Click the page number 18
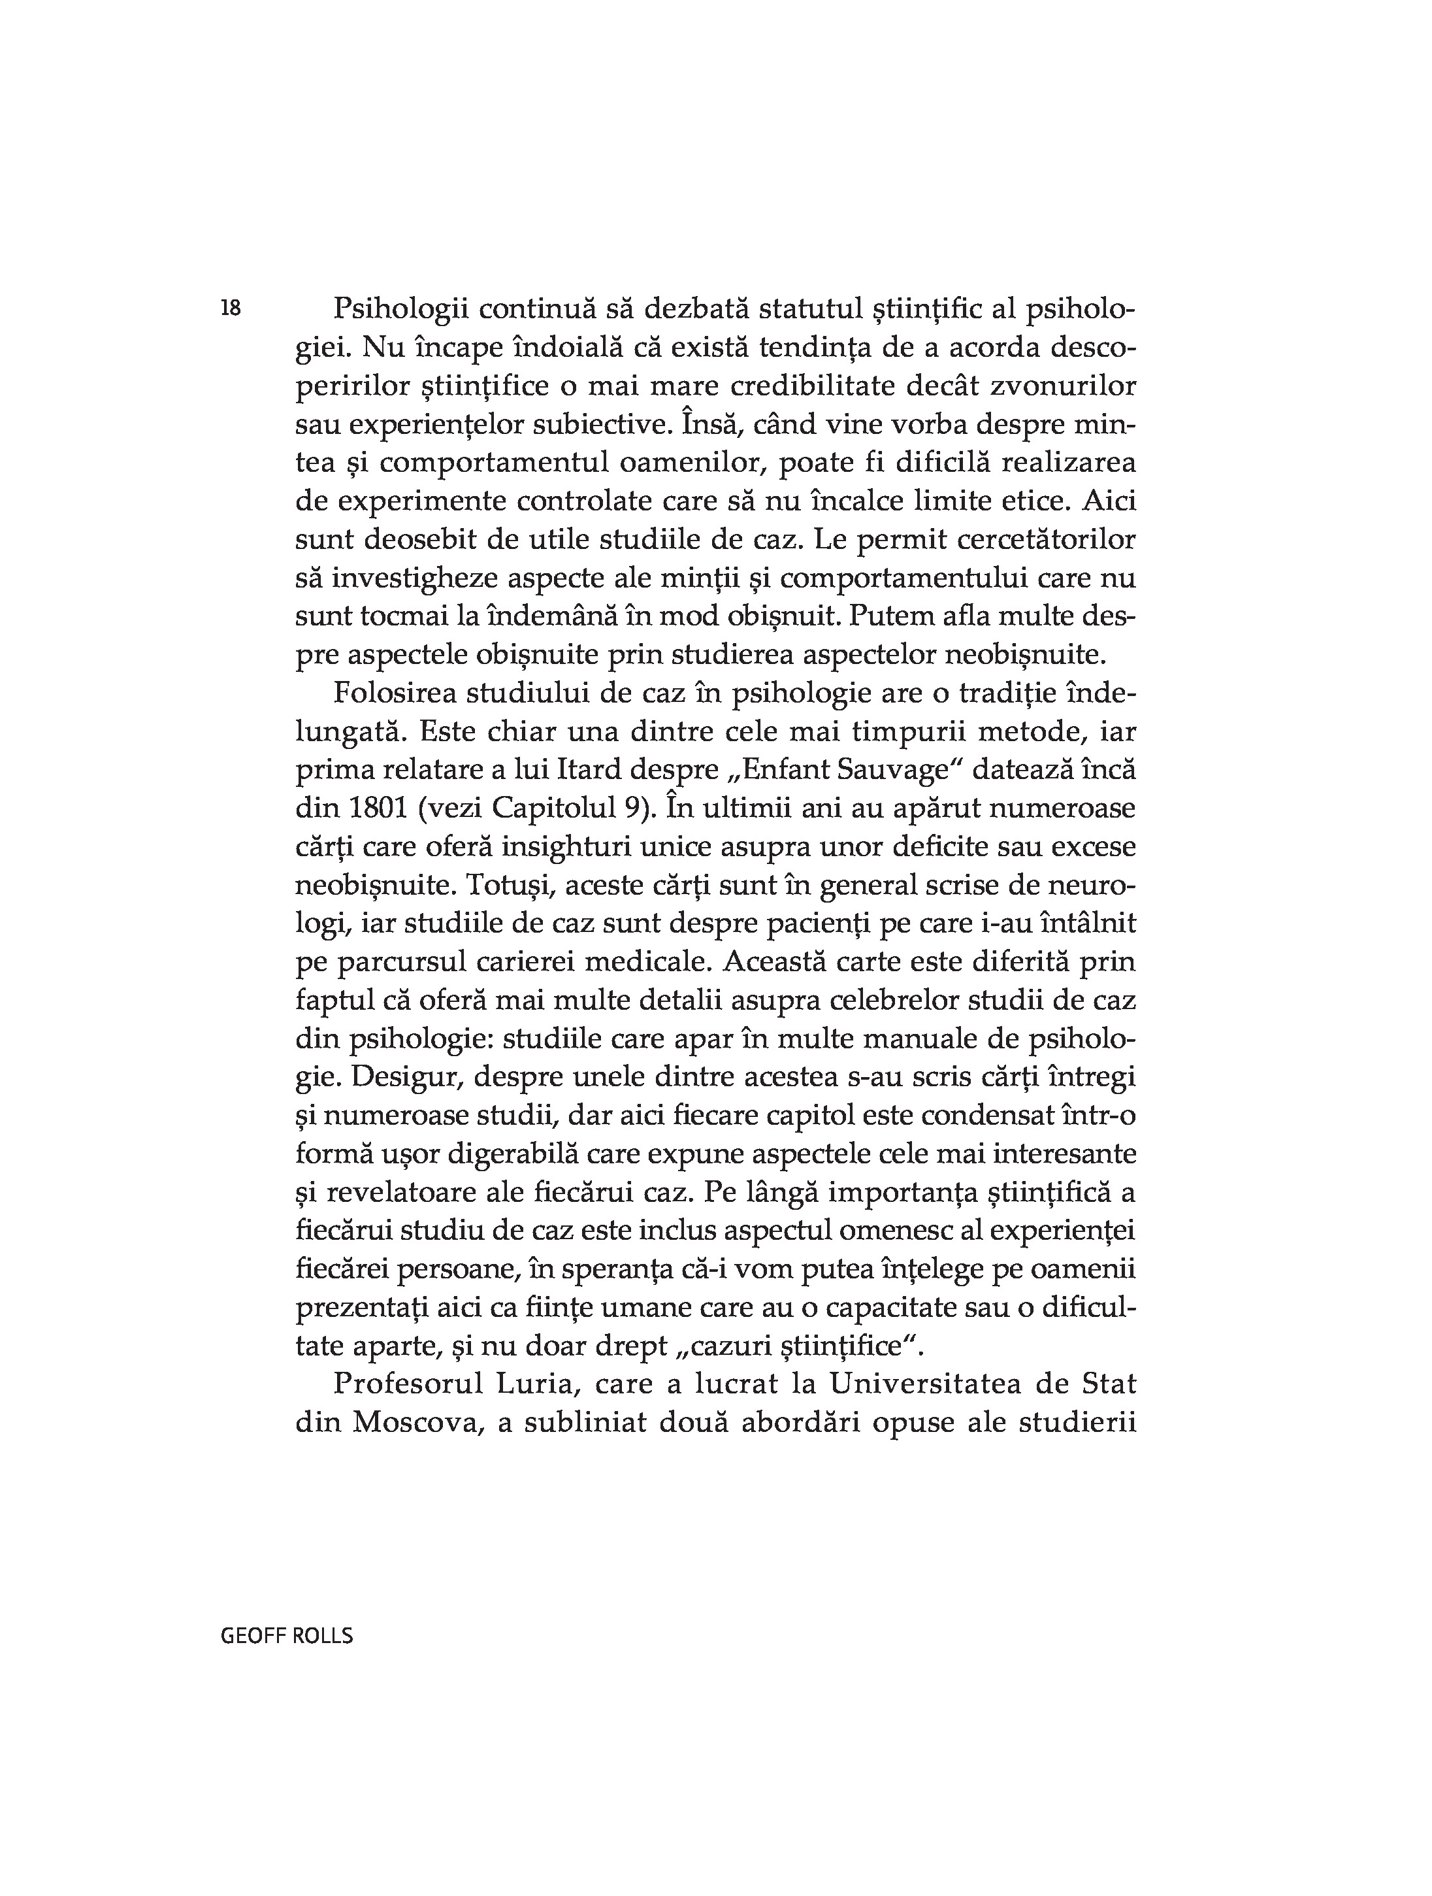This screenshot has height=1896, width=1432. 231,308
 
